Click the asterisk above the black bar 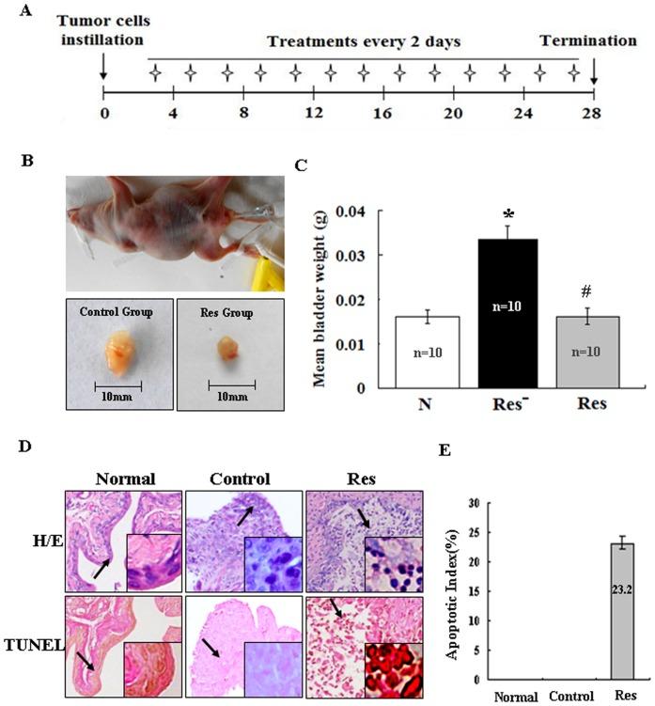507,214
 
